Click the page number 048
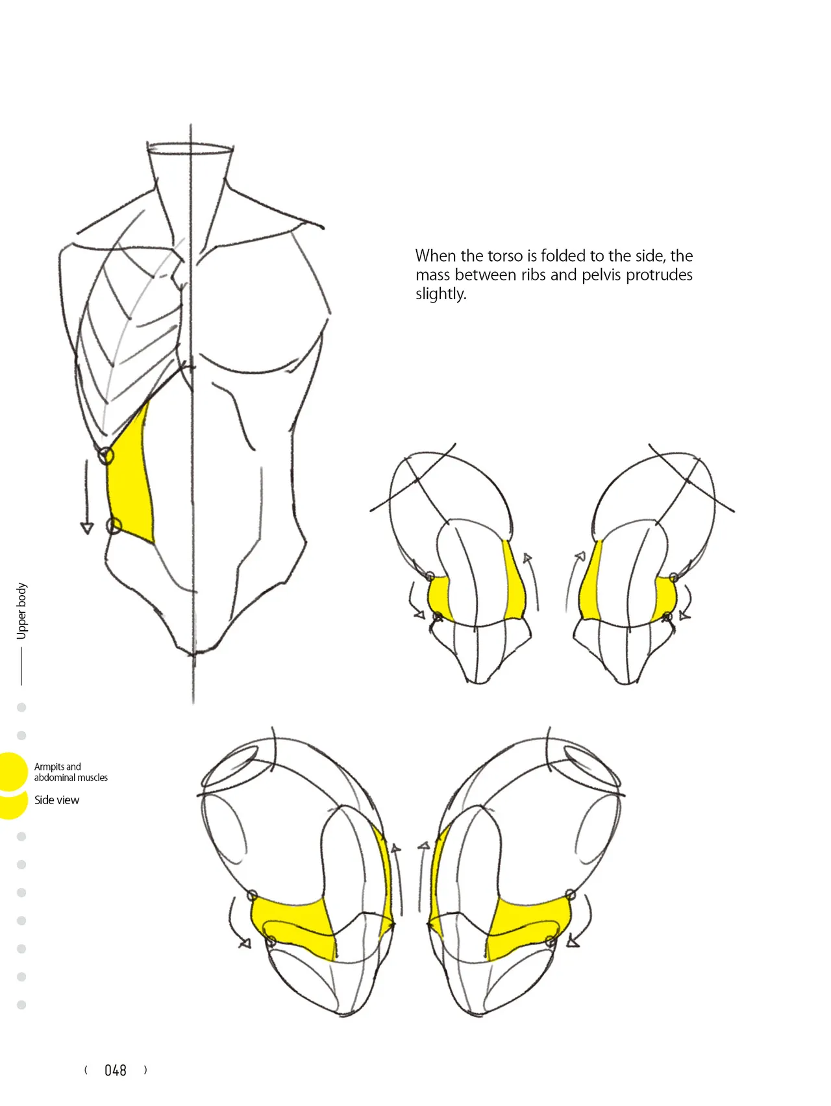[x=116, y=1070]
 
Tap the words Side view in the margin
[x=56, y=800]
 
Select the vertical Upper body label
[x=21, y=611]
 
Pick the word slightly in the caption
[x=441, y=294]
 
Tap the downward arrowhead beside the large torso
[x=86, y=528]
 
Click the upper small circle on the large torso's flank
[x=106, y=456]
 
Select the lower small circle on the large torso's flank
[x=114, y=525]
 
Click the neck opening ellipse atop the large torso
[x=190, y=149]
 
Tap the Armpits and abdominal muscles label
[x=71, y=772]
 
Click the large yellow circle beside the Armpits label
[x=13, y=772]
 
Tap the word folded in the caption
[x=563, y=255]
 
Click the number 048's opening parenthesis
[x=86, y=1070]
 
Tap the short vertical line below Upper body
[x=21, y=666]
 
